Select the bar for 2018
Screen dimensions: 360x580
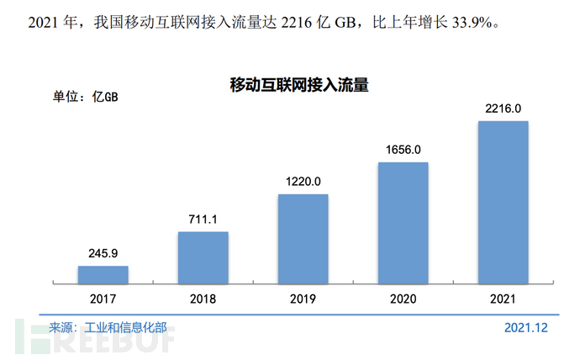203,257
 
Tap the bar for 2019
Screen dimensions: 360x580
303,238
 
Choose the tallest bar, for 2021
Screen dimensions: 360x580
503,202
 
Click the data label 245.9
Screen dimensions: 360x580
103,253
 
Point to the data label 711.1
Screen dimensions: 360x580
203,220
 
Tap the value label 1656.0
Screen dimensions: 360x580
403,150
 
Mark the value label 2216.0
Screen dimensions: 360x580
503,109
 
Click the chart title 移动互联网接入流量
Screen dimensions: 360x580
301,85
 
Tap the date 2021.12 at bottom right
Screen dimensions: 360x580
526,327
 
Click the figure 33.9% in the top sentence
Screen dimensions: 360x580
471,20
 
